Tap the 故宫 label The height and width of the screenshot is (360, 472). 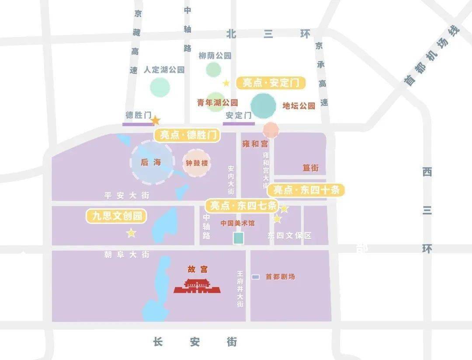click(198, 269)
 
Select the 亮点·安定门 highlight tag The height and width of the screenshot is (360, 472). click(271, 83)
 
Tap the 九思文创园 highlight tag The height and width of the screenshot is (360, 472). click(116, 216)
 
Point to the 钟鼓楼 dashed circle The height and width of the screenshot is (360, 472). click(196, 163)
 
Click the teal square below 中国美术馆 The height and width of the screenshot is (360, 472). click(238, 238)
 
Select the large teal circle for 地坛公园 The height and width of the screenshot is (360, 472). click(264, 106)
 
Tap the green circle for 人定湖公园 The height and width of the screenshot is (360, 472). click(160, 87)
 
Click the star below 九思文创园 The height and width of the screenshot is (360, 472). click(131, 233)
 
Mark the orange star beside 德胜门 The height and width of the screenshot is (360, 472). click(155, 120)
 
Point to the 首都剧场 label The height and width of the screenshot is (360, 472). click(280, 277)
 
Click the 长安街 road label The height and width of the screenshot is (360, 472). click(195, 342)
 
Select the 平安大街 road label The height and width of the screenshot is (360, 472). click(127, 196)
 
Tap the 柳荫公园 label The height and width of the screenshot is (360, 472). click(215, 56)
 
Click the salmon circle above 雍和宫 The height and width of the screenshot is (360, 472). click(271, 129)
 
